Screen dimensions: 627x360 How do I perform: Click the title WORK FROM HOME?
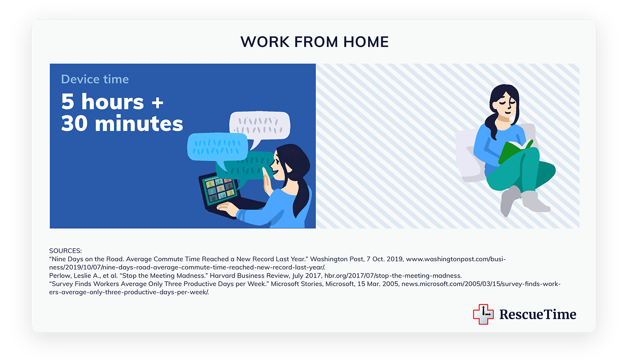[x=314, y=42]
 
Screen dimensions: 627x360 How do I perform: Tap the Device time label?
[x=95, y=79]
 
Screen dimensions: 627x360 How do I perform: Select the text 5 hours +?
[x=112, y=101]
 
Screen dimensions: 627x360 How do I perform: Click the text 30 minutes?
[x=122, y=123]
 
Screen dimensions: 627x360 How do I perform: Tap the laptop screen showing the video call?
[x=219, y=190]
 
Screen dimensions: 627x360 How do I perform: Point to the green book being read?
[x=514, y=151]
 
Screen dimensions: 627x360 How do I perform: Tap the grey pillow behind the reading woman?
[x=473, y=156]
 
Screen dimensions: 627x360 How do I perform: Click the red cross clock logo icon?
[x=483, y=314]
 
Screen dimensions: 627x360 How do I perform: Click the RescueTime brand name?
[x=538, y=314]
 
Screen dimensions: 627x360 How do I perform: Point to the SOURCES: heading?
[x=65, y=251]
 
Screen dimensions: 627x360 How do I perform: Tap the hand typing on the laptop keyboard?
[x=227, y=208]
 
